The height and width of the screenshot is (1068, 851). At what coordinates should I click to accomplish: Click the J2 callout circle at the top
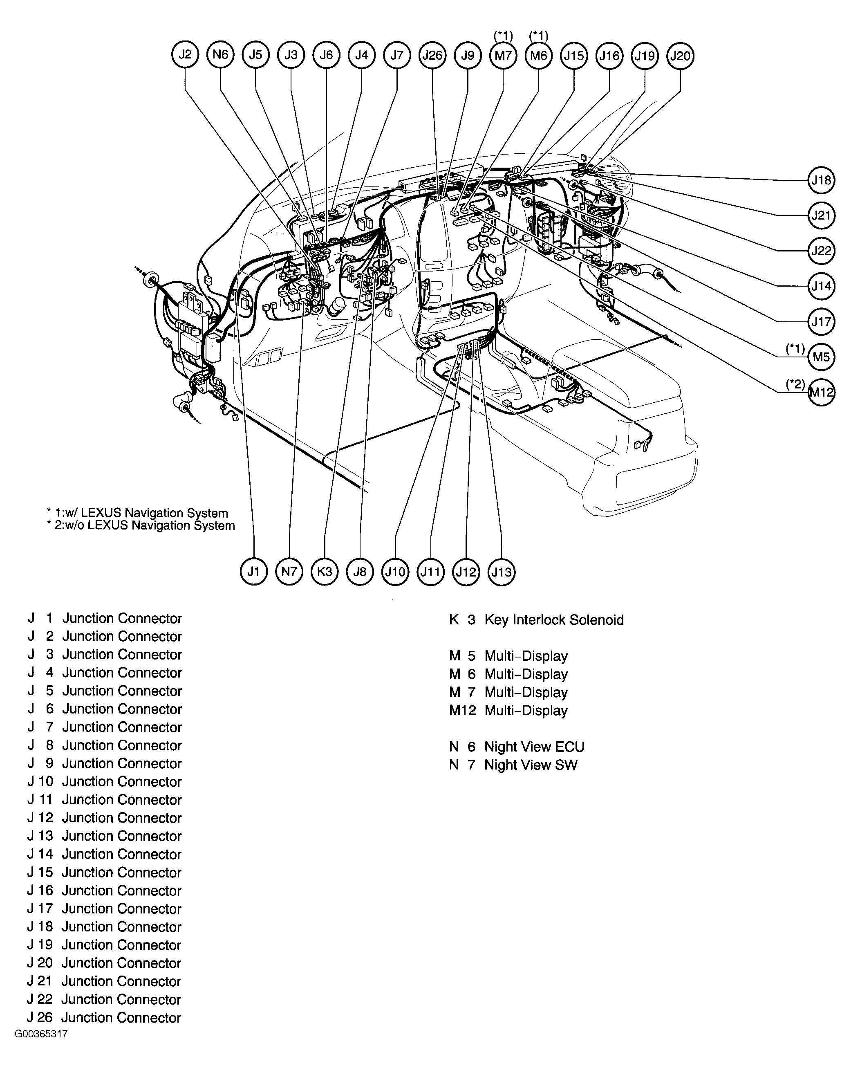coord(185,54)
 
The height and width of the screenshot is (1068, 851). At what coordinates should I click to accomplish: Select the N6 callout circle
coord(220,54)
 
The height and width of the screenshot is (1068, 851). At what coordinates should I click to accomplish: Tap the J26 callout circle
coord(432,55)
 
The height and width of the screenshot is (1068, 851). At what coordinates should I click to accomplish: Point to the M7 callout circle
coord(503,55)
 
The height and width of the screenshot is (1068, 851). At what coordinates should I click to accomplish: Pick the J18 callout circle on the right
coord(821,180)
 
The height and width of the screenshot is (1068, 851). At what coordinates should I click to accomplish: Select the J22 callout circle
coord(821,251)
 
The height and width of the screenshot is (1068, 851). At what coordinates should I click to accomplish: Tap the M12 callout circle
coord(821,393)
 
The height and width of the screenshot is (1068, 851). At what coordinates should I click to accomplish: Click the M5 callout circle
coord(821,357)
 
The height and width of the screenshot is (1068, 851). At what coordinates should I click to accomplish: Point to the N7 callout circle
coord(289,572)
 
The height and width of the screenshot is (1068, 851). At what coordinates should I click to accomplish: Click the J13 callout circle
coord(502,572)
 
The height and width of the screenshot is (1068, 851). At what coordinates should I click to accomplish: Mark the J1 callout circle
coord(253,572)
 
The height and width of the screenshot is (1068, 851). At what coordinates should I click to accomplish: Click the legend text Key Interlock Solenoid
coord(553,620)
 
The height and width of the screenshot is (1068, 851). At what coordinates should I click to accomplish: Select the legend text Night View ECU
coord(534,747)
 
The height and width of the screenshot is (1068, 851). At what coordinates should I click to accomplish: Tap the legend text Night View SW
coord(530,765)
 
